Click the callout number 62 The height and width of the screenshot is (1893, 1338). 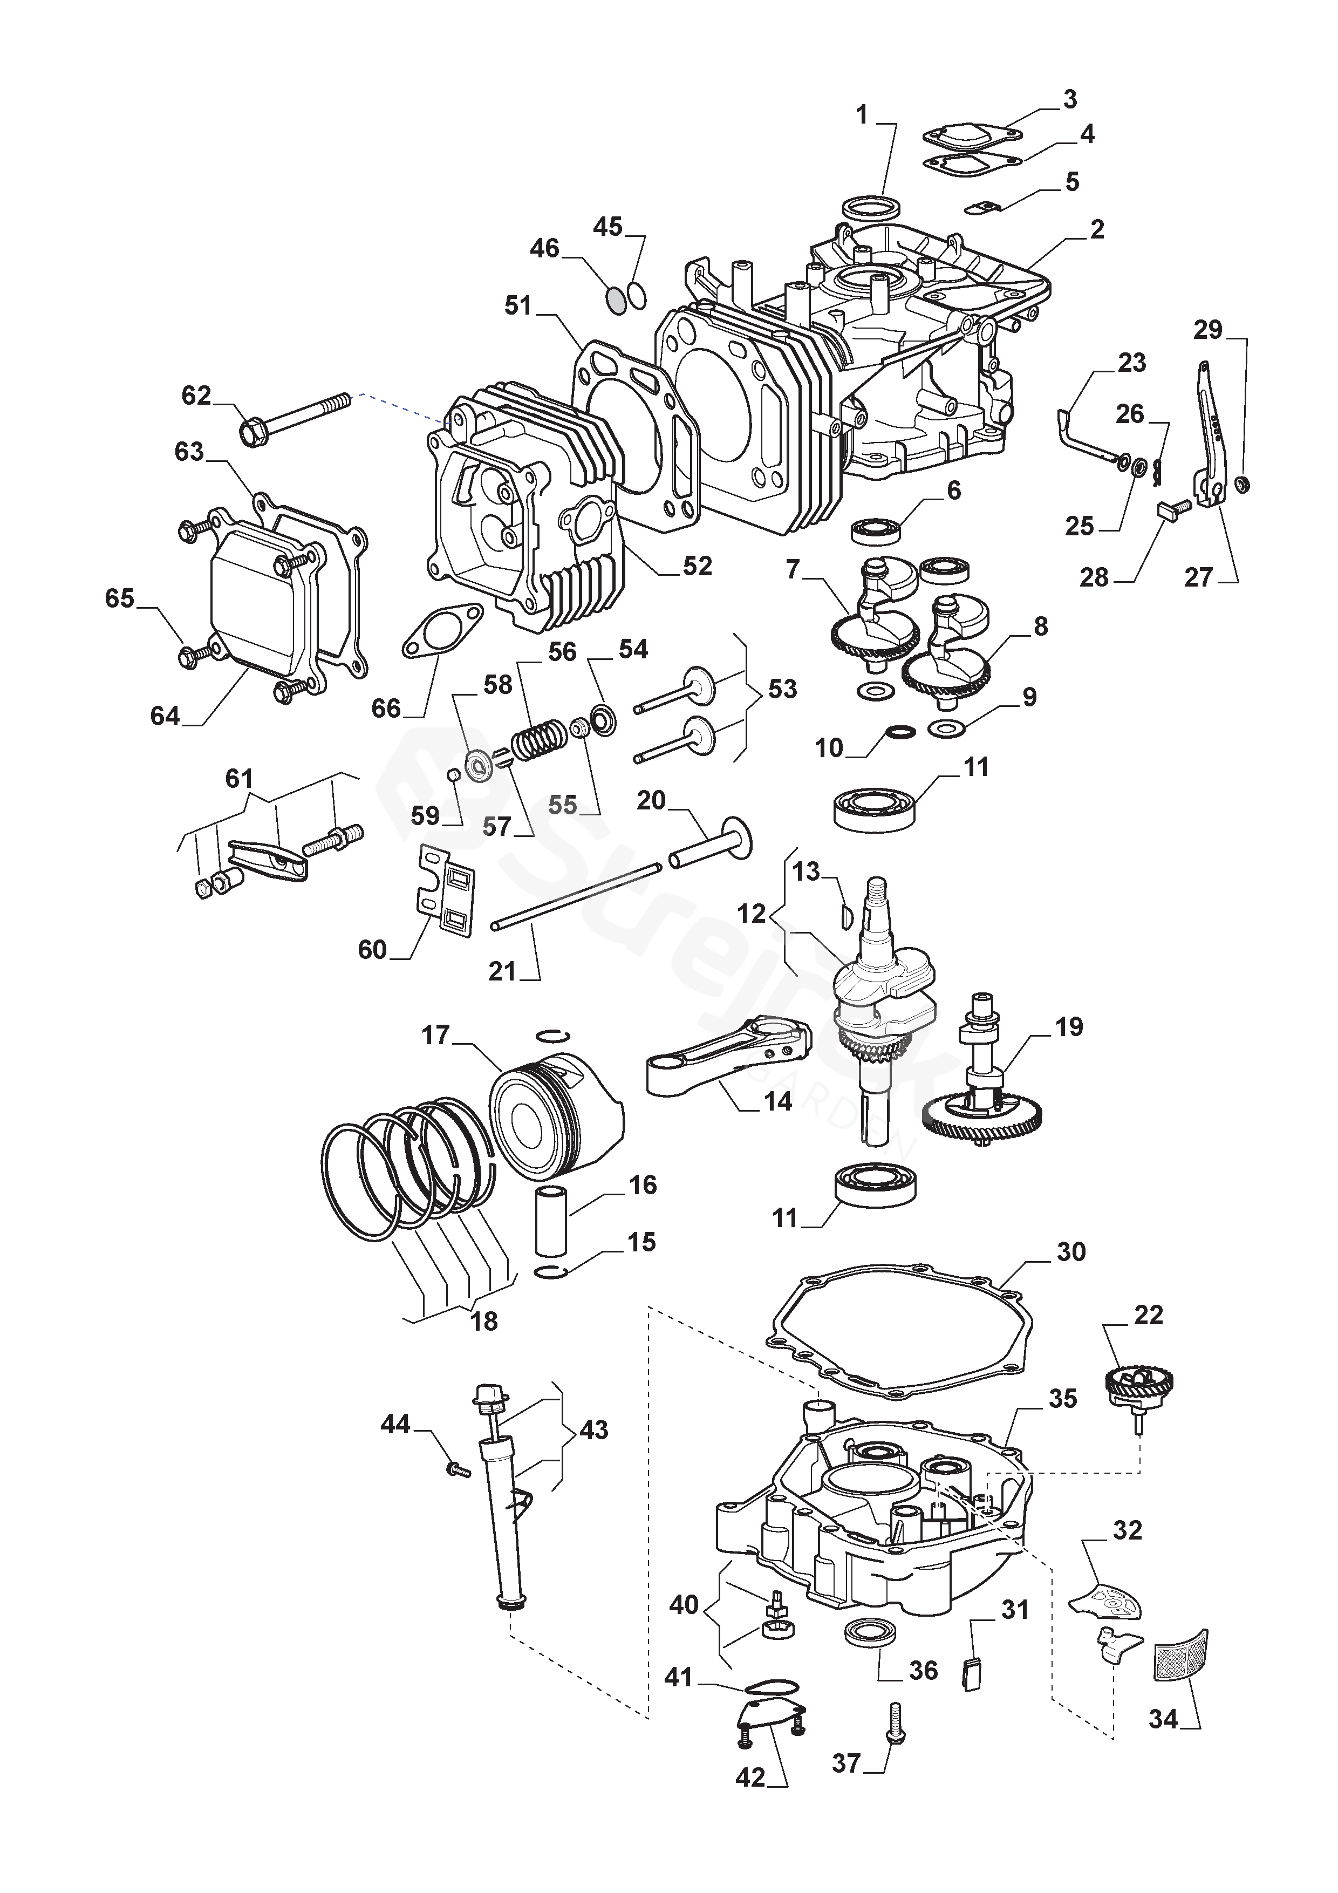click(196, 396)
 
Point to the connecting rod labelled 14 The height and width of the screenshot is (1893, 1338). click(726, 1056)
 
